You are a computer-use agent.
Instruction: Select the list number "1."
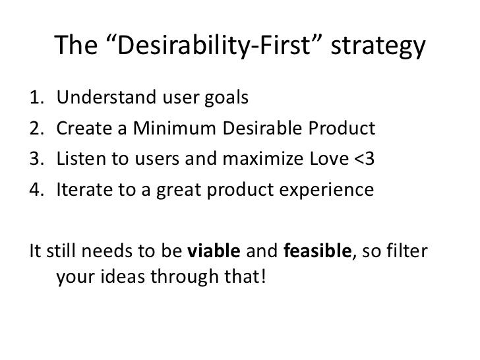click(38, 98)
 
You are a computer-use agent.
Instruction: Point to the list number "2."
click(38, 129)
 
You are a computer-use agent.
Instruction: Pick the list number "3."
click(38, 159)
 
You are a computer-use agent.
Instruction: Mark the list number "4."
click(38, 190)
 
